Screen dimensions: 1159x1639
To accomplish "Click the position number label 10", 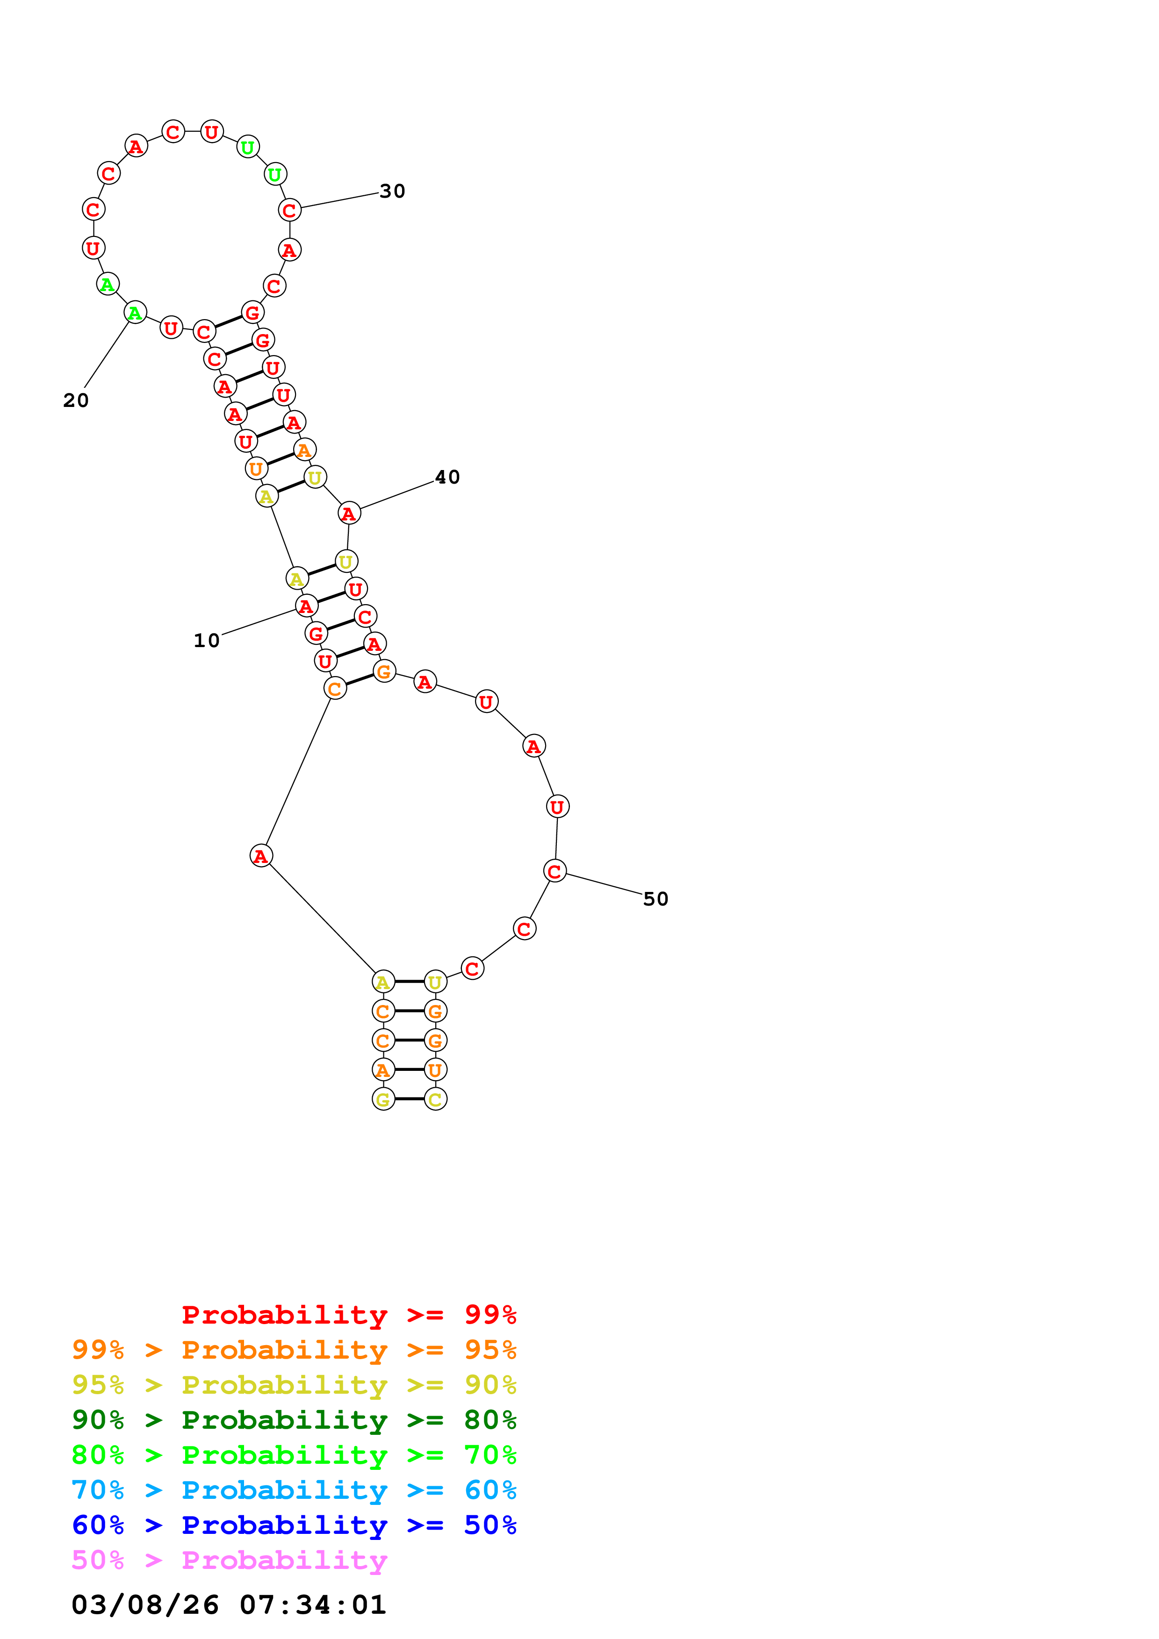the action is click(x=206, y=641).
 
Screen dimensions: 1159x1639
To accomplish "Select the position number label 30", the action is click(x=392, y=191).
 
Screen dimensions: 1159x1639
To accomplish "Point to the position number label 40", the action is click(x=447, y=477).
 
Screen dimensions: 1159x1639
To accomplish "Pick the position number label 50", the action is click(x=655, y=899).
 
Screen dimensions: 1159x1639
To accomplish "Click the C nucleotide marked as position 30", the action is click(x=289, y=211).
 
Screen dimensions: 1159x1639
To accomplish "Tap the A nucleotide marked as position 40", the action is click(x=348, y=513).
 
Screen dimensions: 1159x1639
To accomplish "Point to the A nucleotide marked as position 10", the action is click(x=306, y=606).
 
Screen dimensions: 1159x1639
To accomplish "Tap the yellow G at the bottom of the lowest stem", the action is click(x=383, y=1099).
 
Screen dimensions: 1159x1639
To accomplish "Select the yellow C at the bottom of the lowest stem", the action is click(x=436, y=1099).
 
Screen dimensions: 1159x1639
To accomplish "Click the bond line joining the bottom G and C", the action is click(x=409, y=1098).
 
